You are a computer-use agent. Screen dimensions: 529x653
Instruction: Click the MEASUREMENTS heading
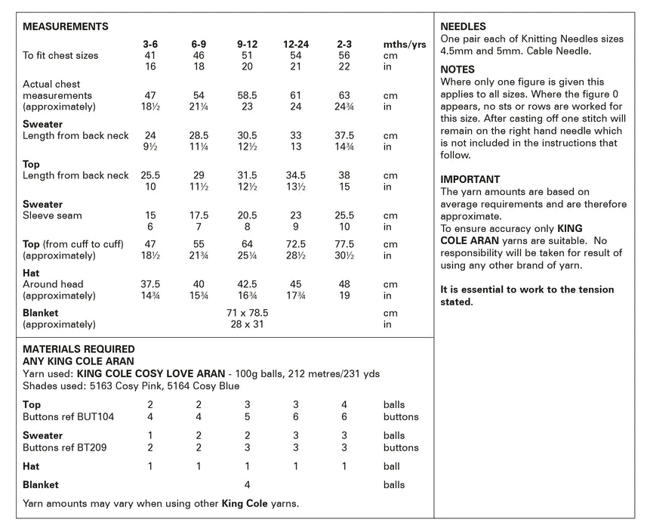tap(66, 26)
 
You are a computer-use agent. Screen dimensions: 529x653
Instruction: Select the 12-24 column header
tap(296, 44)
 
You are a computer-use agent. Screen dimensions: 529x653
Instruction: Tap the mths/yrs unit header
tap(405, 45)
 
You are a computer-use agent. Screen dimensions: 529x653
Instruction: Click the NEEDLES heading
tap(463, 26)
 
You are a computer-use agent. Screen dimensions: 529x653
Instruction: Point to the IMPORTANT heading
tap(470, 180)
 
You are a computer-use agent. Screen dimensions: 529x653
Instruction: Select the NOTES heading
tap(457, 70)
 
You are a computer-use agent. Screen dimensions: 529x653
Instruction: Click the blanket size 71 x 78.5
tap(248, 312)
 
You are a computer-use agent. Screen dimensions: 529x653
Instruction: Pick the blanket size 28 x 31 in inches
tap(248, 324)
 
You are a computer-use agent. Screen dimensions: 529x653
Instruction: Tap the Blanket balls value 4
tap(248, 484)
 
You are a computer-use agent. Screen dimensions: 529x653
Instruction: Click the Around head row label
tap(54, 284)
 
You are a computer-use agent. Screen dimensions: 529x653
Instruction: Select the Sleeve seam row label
tap(53, 215)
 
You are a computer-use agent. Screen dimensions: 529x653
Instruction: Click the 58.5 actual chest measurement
tap(248, 96)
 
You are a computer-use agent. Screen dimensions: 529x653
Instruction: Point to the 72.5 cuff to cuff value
tap(296, 244)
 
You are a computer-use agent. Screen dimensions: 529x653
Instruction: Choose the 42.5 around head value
tap(248, 284)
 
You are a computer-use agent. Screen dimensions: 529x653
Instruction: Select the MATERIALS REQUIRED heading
tap(79, 349)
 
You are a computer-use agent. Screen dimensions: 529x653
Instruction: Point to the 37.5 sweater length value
tap(344, 136)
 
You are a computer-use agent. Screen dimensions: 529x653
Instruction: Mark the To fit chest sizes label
tap(60, 55)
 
